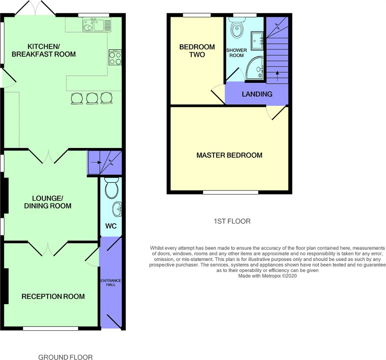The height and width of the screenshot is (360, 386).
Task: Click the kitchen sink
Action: point(97,25)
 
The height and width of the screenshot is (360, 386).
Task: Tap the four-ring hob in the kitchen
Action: point(115,57)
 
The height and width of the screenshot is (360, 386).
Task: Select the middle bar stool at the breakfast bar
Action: point(92,98)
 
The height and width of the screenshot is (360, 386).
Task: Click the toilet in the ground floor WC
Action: point(112,188)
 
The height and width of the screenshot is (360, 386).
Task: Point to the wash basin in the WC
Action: point(117,209)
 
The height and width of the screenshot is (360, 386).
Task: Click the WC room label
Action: point(111,226)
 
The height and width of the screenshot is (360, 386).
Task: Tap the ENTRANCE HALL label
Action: point(111,282)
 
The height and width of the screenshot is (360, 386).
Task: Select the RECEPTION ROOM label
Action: point(53,296)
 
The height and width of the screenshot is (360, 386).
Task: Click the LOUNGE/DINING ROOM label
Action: point(48,202)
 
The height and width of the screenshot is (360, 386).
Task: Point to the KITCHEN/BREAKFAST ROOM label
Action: point(44,50)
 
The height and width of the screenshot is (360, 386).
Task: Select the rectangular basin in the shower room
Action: point(257,41)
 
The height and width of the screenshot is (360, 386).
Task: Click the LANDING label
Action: point(257,94)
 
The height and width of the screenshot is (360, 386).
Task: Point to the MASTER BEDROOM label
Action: point(229,155)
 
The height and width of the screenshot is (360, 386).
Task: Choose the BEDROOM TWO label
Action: point(197,51)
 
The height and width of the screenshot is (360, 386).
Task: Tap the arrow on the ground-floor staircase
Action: point(96,162)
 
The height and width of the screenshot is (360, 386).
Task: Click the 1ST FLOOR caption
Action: point(232,221)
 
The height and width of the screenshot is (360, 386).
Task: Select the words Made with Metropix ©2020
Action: point(267,276)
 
